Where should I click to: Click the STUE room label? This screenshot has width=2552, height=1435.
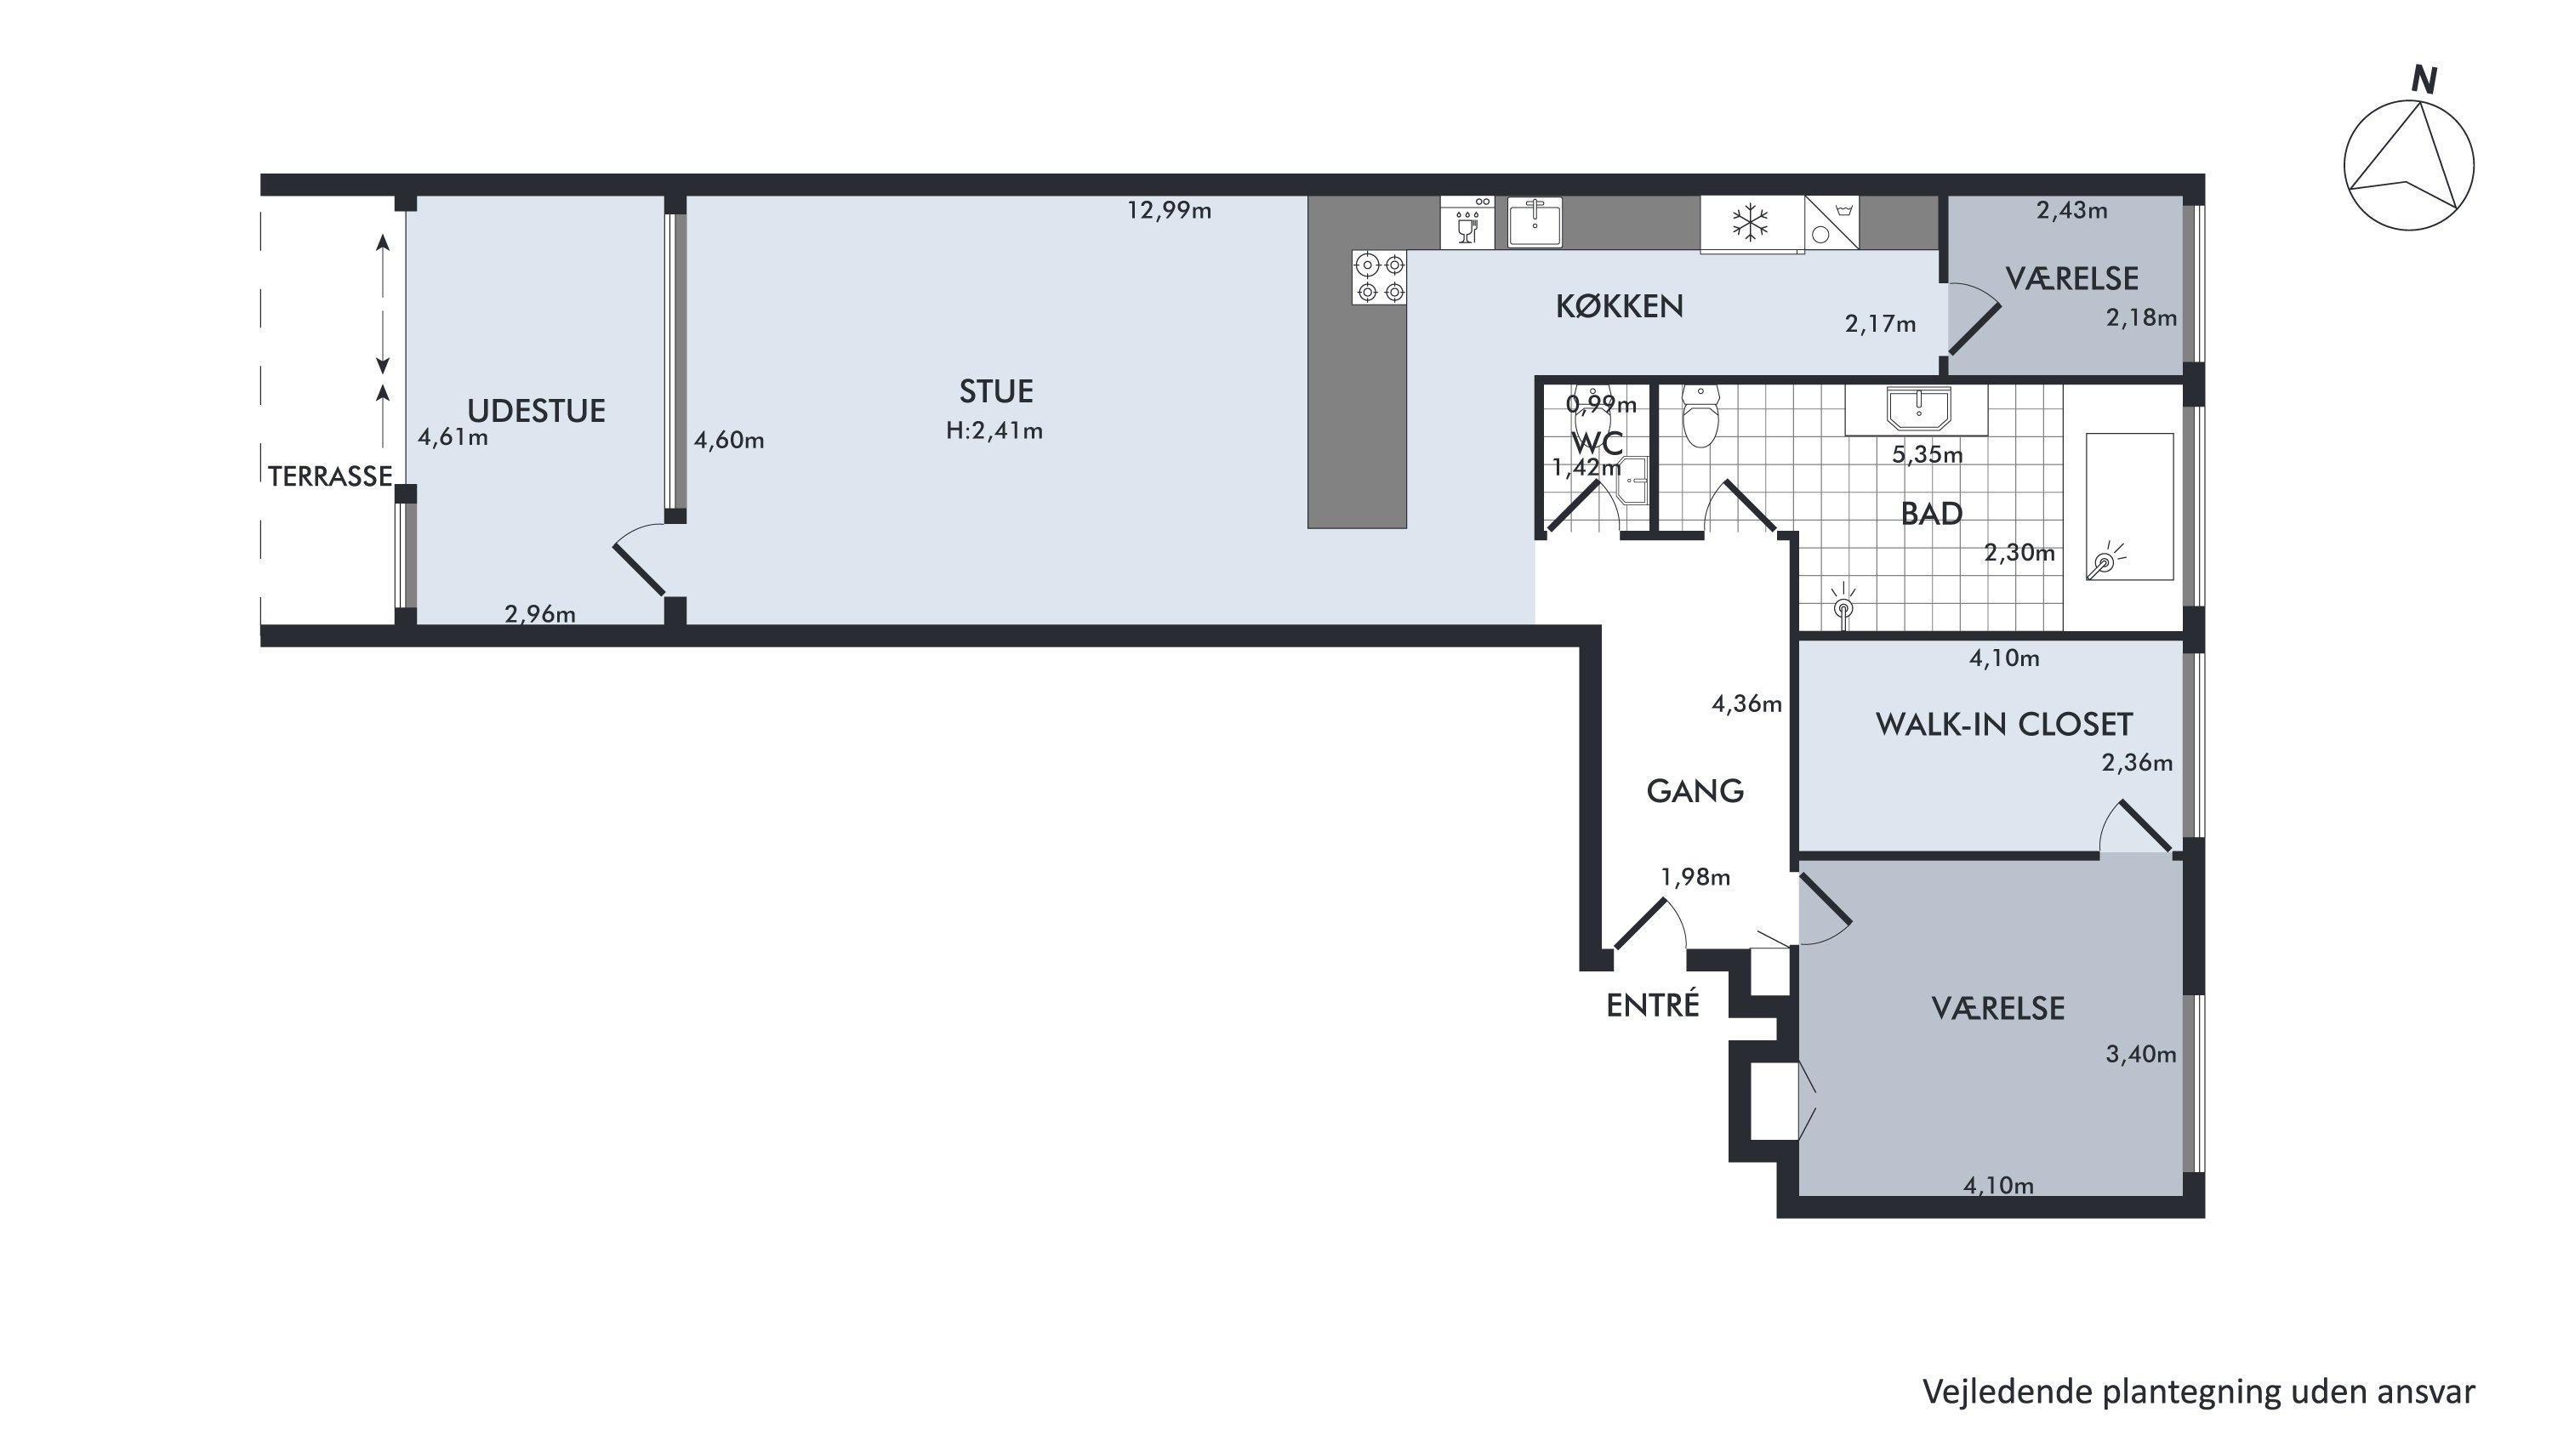tap(995, 391)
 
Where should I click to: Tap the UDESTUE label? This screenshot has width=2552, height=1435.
tap(536, 411)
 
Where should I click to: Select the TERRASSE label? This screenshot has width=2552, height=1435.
tap(330, 476)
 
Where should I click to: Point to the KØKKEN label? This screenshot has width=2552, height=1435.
tap(1619, 306)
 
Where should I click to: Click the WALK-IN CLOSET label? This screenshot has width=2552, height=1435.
tap(2003, 724)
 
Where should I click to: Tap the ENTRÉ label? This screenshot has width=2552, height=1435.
tap(1653, 1005)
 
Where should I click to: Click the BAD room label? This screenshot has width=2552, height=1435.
tap(1931, 513)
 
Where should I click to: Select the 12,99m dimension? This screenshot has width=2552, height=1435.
tap(1169, 210)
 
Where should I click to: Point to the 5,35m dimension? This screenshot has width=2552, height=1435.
tap(1927, 454)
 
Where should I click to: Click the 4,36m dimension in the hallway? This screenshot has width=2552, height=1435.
tap(1746, 704)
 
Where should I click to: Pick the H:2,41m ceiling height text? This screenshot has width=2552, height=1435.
tap(994, 430)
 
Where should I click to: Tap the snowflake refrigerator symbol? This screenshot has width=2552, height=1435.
tap(1751, 223)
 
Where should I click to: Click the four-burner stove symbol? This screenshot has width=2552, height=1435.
tap(1380, 277)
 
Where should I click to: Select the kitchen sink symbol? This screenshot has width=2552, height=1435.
tap(1535, 222)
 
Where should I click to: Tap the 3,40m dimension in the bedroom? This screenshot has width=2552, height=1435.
tap(2141, 1055)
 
